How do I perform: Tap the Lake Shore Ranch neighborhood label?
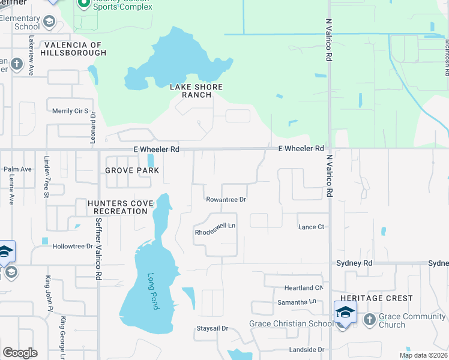(196, 91)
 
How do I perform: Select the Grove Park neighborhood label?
(132, 170)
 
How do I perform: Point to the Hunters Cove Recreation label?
(121, 207)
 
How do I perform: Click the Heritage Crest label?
(376, 298)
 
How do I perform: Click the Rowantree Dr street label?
(226, 200)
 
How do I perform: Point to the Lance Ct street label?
(312, 227)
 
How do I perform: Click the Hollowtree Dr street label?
(73, 246)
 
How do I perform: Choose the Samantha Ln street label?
(295, 302)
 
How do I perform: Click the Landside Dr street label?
(307, 349)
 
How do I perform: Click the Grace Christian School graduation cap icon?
(345, 312)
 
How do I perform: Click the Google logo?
(20, 353)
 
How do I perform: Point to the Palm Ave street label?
(17, 169)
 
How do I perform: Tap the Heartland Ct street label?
(304, 288)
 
